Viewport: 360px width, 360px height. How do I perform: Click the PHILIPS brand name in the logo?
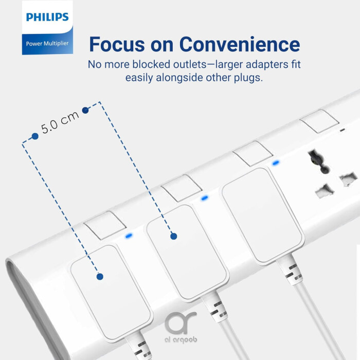click(47, 17)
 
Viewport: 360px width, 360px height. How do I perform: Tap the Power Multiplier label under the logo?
click(47, 43)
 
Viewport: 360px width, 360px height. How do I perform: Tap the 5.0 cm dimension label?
click(61, 122)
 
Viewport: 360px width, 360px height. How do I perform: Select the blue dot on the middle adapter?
click(173, 236)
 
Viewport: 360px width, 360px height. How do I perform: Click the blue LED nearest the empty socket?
click(276, 163)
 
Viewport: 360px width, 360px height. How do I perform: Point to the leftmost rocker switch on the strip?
click(105, 225)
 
